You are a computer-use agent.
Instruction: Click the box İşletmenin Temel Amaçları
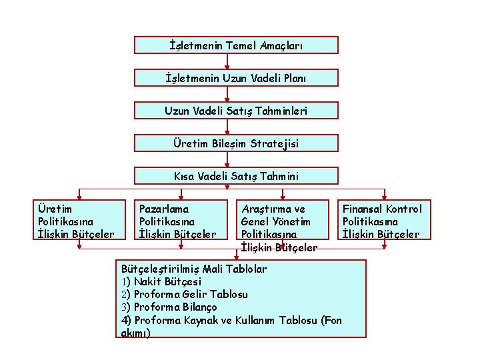point(236,45)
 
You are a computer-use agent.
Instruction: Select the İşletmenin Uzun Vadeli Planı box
point(236,78)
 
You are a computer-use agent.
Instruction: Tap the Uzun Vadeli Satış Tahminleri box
point(236,111)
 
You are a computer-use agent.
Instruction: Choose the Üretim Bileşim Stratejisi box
point(236,143)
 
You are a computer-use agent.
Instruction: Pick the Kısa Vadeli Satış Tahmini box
point(236,176)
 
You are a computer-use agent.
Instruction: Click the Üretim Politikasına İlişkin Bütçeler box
point(80,221)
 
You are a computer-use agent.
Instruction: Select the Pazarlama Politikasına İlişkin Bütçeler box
point(180,221)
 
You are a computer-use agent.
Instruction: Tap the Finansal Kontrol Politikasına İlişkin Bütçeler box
point(385,221)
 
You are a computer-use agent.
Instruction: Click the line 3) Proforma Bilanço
point(169,307)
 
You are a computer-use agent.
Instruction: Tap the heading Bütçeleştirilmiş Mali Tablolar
point(194,269)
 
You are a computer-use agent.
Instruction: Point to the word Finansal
point(363,209)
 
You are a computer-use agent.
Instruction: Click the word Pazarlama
point(164,209)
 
